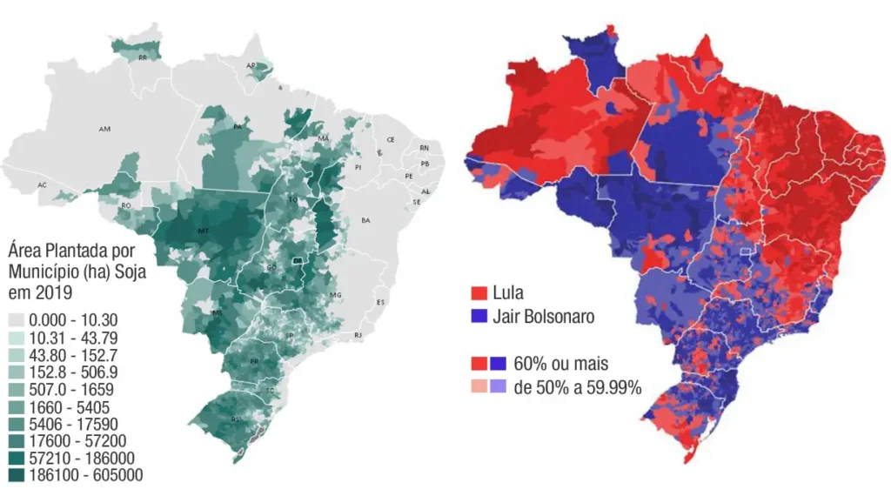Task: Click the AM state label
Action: click(104, 129)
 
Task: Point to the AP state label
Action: click(251, 65)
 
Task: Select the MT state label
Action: click(203, 231)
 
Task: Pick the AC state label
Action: click(42, 185)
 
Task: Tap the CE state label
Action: click(391, 139)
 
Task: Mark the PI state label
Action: click(358, 166)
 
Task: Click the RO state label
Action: click(126, 205)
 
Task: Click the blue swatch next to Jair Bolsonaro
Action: click(478, 317)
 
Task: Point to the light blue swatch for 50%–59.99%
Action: click(498, 387)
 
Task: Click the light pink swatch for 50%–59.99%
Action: click(478, 387)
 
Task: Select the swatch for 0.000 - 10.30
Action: click(17, 320)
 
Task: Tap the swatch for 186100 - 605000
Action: click(17, 475)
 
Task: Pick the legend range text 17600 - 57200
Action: click(70, 441)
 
